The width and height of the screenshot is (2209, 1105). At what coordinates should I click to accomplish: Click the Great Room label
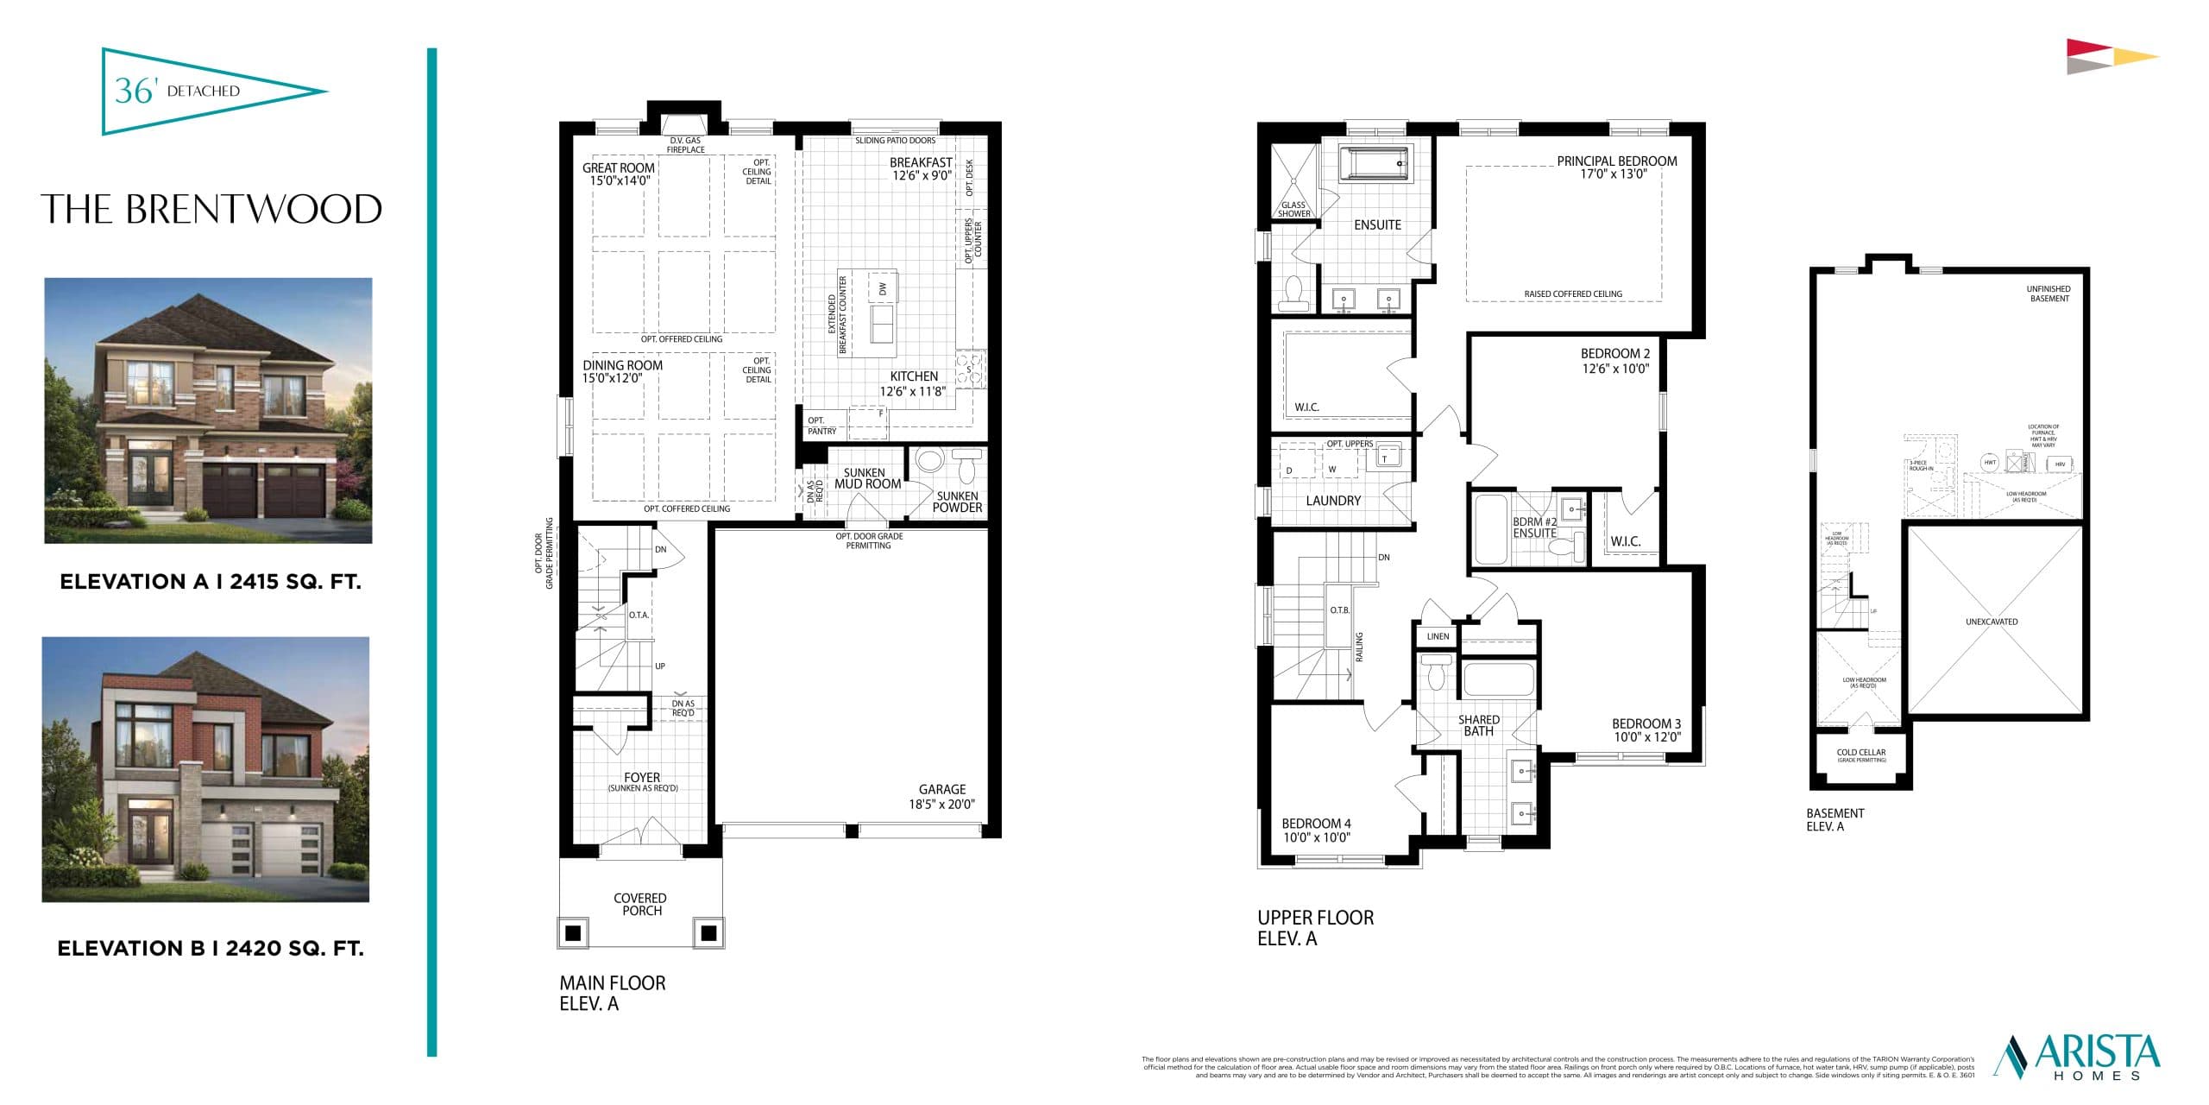coord(618,168)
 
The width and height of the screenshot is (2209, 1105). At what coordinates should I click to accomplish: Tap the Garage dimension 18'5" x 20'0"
coord(941,804)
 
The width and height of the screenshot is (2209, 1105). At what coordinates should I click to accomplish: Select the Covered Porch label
coord(640,904)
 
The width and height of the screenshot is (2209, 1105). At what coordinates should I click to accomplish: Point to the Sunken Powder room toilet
coord(966,465)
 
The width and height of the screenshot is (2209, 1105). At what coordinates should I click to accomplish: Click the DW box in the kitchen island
coord(883,289)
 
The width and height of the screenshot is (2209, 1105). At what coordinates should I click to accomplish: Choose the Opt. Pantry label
coord(821,426)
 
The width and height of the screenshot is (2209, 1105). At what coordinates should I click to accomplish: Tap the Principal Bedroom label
coord(1616,161)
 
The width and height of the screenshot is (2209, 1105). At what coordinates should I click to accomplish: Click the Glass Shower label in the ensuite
coord(1293,210)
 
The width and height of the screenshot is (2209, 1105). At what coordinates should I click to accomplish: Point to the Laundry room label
coord(1333,501)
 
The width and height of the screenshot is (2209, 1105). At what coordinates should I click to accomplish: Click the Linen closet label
coord(1438,636)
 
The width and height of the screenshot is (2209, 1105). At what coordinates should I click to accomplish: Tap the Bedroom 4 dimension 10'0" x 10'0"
coord(1316,837)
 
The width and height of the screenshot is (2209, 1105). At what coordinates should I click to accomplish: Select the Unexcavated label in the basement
coord(1992,622)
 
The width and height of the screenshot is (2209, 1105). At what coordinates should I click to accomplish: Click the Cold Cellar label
coord(1861,753)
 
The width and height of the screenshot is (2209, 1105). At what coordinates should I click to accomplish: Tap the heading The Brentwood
coord(211,210)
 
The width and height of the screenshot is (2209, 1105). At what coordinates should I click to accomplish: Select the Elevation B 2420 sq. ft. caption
coord(211,949)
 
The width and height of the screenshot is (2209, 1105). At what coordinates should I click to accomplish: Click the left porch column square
coord(572,933)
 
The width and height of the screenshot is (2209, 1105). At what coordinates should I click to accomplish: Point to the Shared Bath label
coord(1478,725)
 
